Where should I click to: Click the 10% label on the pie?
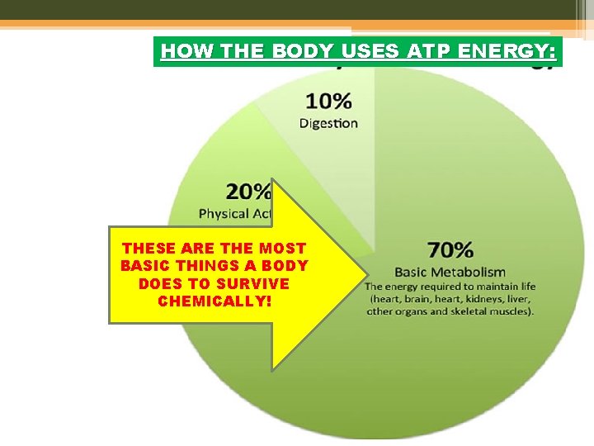click(x=328, y=102)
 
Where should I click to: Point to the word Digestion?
click(x=328, y=123)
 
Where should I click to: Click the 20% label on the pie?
click(x=248, y=192)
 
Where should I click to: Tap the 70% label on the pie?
click(x=450, y=249)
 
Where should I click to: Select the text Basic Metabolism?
click(x=450, y=272)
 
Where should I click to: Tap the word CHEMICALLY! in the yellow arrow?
click(x=214, y=301)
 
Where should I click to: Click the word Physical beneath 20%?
click(x=224, y=213)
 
